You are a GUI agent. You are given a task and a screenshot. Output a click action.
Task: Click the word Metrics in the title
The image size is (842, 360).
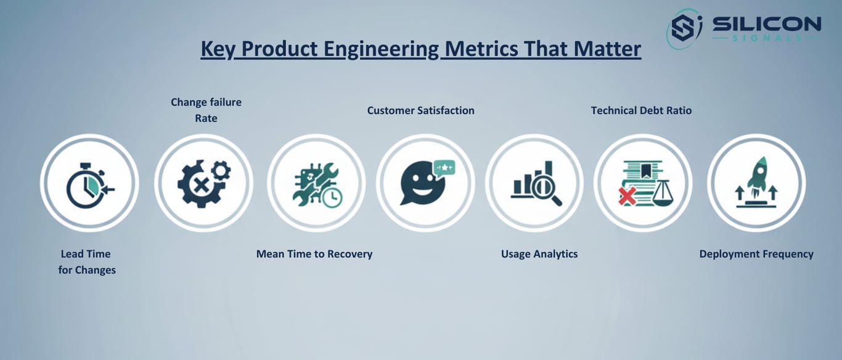click(x=481, y=49)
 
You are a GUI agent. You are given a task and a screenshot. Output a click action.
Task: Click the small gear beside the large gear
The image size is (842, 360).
click(x=221, y=171)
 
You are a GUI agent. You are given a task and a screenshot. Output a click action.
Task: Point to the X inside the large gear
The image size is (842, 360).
click(x=202, y=185)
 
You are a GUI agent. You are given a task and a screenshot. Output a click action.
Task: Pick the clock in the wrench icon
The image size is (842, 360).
click(x=333, y=197)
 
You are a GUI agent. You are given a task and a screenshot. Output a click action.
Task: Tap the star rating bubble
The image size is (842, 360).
click(x=444, y=168)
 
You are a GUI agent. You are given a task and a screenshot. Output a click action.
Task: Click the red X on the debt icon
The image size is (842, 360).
click(x=627, y=197)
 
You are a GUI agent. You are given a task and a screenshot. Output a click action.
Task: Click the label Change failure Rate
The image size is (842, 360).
click(x=206, y=110)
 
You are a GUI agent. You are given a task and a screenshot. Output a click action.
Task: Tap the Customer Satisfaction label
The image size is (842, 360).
click(x=420, y=110)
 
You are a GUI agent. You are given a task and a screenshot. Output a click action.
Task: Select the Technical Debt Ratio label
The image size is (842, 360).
click(x=641, y=110)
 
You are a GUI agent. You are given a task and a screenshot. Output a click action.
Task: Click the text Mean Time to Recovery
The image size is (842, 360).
click(x=314, y=254)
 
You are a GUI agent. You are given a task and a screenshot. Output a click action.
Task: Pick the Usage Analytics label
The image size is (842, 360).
click(x=539, y=254)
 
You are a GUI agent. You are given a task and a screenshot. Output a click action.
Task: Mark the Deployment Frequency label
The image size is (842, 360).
click(x=756, y=254)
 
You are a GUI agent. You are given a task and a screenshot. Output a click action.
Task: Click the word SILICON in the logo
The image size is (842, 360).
click(x=767, y=25)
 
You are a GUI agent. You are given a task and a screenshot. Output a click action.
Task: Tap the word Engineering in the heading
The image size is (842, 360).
click(x=381, y=49)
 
